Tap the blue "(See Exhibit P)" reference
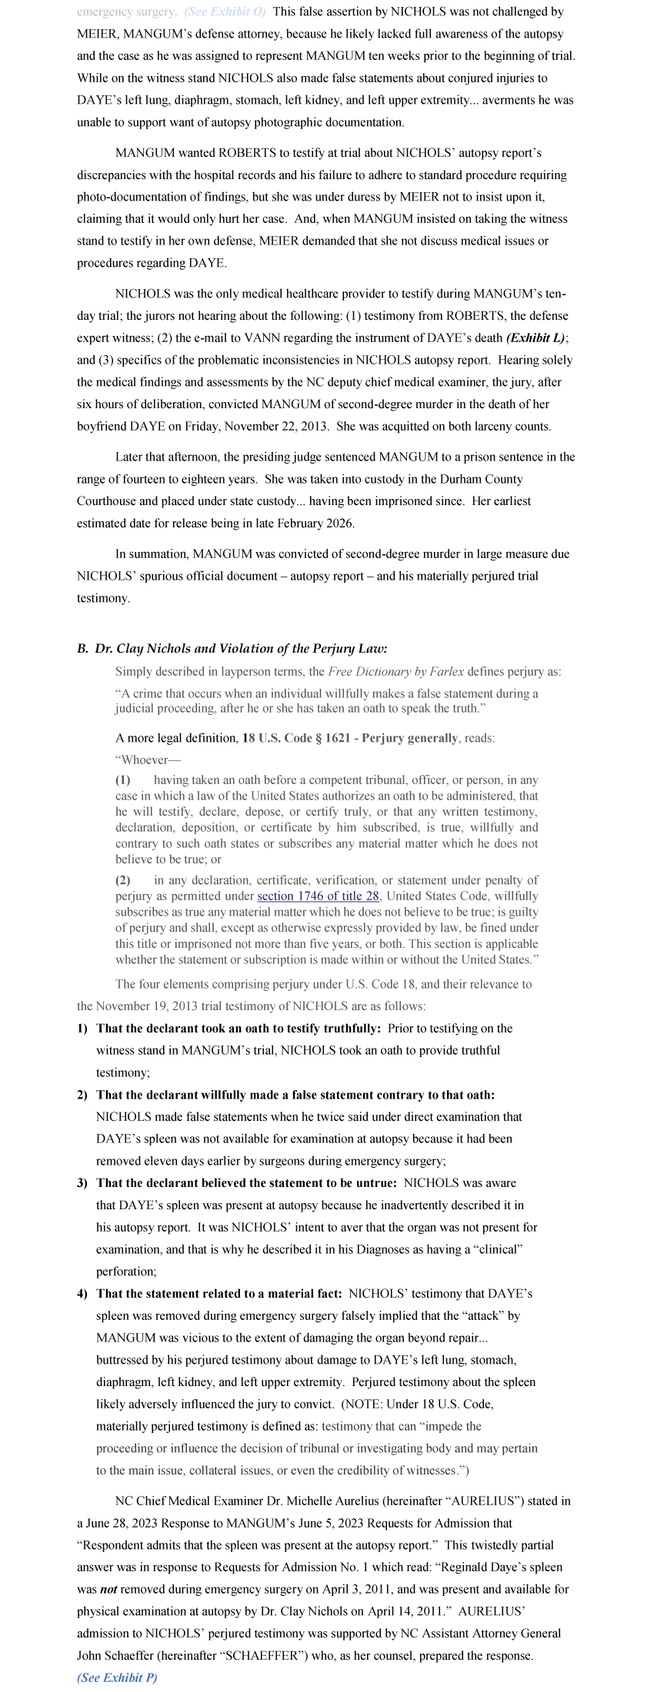117,1677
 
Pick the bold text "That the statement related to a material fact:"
219,1293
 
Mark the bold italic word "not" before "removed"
108,1589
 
